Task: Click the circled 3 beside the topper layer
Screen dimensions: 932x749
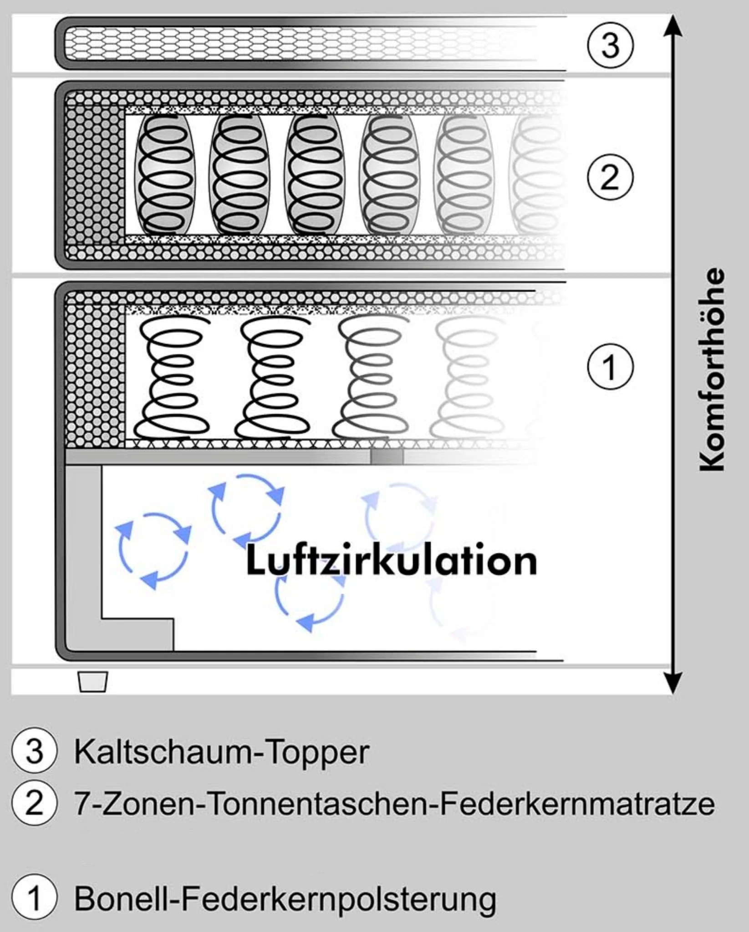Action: pyautogui.click(x=610, y=45)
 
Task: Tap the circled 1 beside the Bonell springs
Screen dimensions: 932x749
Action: pyautogui.click(x=610, y=367)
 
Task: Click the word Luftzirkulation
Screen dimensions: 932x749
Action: pyautogui.click(x=392, y=561)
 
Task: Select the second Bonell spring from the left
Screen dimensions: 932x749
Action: pyautogui.click(x=273, y=378)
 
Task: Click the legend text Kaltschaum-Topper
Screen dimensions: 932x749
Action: pyautogui.click(x=221, y=752)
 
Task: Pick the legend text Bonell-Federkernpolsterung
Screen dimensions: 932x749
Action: pyautogui.click(x=285, y=899)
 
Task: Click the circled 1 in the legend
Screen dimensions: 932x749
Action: pyautogui.click(x=35, y=898)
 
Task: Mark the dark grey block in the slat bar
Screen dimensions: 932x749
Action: pyautogui.click(x=387, y=456)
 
